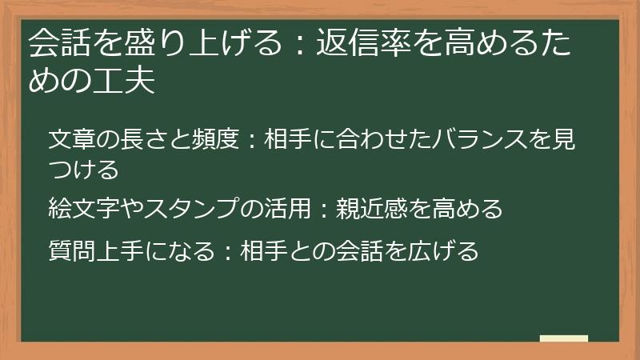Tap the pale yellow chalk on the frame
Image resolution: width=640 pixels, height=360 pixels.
pos(564,339)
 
